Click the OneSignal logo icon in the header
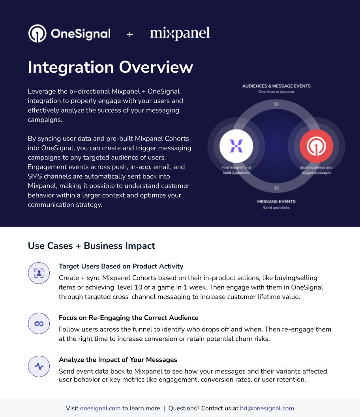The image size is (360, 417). point(37,34)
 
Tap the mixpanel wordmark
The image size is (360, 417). point(180,34)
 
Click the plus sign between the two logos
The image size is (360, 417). point(130,34)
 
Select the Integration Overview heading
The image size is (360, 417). point(111,67)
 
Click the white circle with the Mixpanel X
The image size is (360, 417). point(236,146)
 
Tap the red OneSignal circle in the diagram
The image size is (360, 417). point(317,146)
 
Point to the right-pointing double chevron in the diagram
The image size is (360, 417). point(276,104)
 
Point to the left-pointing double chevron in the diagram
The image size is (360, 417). point(277,188)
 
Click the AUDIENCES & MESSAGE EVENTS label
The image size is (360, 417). point(276,86)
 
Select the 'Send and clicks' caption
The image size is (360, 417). point(276,208)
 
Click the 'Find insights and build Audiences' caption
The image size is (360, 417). point(236,170)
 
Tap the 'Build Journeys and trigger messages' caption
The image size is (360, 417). point(317,170)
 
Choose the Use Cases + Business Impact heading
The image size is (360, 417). point(92,246)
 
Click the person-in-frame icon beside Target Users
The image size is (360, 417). point(39,273)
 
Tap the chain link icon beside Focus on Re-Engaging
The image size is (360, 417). point(39,323)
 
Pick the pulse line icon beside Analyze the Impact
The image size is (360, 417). point(39,366)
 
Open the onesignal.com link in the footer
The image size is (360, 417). point(100,408)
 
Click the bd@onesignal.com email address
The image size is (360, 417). point(267,408)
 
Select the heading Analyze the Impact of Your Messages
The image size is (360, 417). point(118,360)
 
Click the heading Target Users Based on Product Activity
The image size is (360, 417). point(121,266)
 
